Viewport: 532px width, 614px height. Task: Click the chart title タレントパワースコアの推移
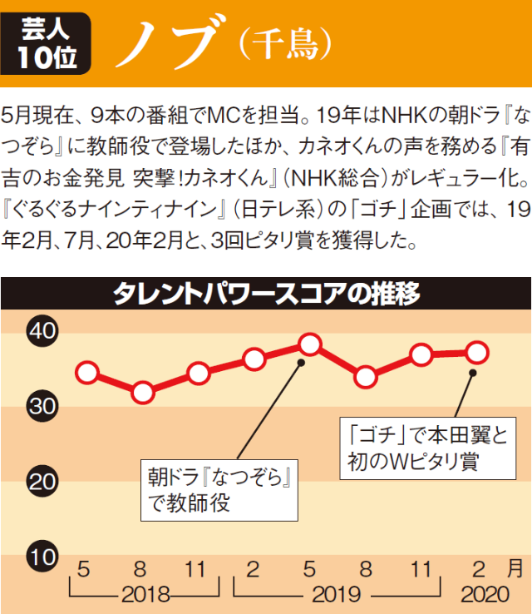click(265, 295)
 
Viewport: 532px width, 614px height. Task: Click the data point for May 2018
click(86, 372)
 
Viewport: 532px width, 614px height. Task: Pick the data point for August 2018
click(142, 392)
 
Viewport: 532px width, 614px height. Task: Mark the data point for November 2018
click(198, 373)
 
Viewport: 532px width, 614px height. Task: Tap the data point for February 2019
click(254, 359)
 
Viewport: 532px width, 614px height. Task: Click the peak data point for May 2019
click(310, 343)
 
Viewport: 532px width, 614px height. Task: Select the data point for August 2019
click(365, 377)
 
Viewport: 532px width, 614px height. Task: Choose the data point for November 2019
click(421, 355)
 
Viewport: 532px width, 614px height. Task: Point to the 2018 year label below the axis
click(145, 595)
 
